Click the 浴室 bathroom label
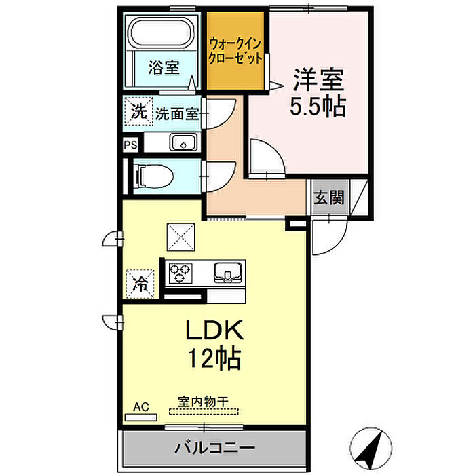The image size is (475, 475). pos(164,68)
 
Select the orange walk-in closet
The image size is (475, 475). pos(235,51)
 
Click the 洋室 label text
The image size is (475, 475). pos(319,79)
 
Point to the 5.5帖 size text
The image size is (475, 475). pos(319,107)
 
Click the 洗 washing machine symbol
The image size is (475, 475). pos(138,113)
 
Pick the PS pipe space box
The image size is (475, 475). pos(130,144)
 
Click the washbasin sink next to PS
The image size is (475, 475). pos(182,143)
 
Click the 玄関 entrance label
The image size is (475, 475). pos(329,198)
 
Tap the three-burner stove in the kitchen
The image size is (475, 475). pos(181,273)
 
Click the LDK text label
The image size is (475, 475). pos(214,330)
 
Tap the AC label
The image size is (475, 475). pos(140,407)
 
